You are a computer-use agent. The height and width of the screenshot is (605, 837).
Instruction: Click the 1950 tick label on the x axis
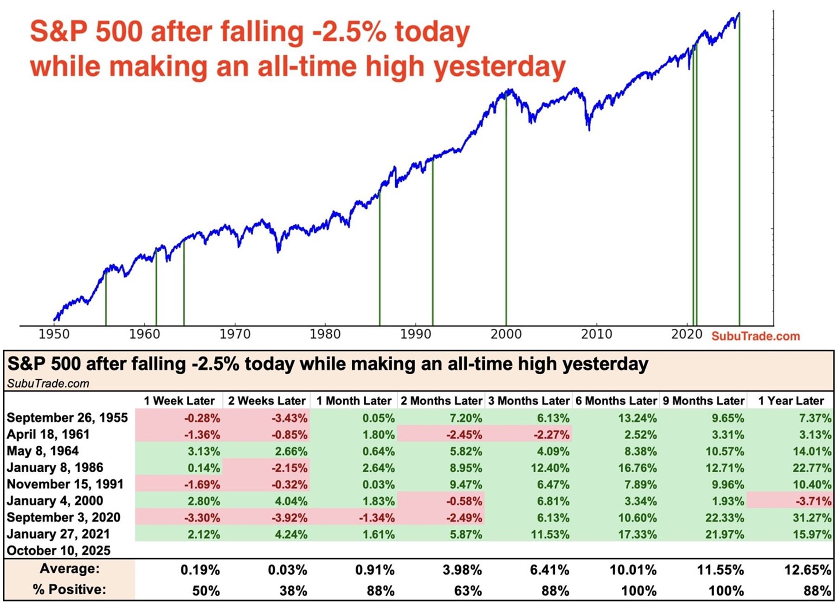(54, 334)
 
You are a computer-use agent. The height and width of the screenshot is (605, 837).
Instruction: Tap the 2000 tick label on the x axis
(506, 334)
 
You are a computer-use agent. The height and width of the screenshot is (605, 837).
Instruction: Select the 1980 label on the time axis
(325, 334)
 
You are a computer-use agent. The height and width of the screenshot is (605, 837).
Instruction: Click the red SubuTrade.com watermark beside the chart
(755, 336)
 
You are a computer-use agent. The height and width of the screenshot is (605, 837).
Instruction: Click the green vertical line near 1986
(380, 260)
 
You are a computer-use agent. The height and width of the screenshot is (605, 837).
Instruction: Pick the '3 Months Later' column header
(528, 401)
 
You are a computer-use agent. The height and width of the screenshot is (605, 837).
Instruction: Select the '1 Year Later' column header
(791, 401)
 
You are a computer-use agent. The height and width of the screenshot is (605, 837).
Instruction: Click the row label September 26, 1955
(67, 418)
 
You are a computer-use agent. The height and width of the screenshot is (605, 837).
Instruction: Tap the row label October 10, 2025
(59, 551)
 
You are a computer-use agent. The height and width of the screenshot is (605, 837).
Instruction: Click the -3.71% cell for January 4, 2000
(812, 501)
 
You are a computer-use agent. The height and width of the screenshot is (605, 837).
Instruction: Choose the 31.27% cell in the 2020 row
(811, 518)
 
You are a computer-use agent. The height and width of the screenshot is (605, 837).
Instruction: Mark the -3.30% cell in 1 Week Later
(202, 518)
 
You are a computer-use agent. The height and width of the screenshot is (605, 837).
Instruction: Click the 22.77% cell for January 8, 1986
(811, 468)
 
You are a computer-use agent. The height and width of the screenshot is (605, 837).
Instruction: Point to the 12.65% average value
(807, 570)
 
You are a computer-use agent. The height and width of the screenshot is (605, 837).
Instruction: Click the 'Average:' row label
(70, 569)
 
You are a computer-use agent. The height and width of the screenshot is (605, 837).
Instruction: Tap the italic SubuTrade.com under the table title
(48, 384)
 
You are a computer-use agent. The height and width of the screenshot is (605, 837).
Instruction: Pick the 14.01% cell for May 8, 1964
(811, 451)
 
